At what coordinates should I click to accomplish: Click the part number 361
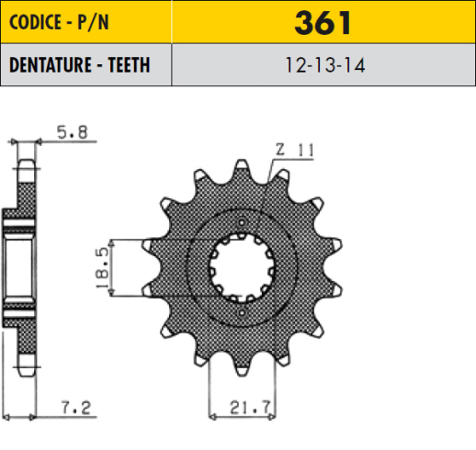pos(323,23)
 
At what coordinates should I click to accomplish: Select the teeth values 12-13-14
pos(325,65)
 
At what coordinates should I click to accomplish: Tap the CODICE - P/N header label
pos(59,22)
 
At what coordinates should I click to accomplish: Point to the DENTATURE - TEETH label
pos(80,65)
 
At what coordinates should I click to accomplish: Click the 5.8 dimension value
pos(73,132)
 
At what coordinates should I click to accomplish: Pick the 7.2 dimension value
pos(76,408)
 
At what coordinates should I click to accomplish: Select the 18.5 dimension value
pos(102,268)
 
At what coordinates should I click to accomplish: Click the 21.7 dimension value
pos(250,408)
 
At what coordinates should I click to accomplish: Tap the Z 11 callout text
pos(295,151)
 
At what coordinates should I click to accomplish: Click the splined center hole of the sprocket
pos(242,268)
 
